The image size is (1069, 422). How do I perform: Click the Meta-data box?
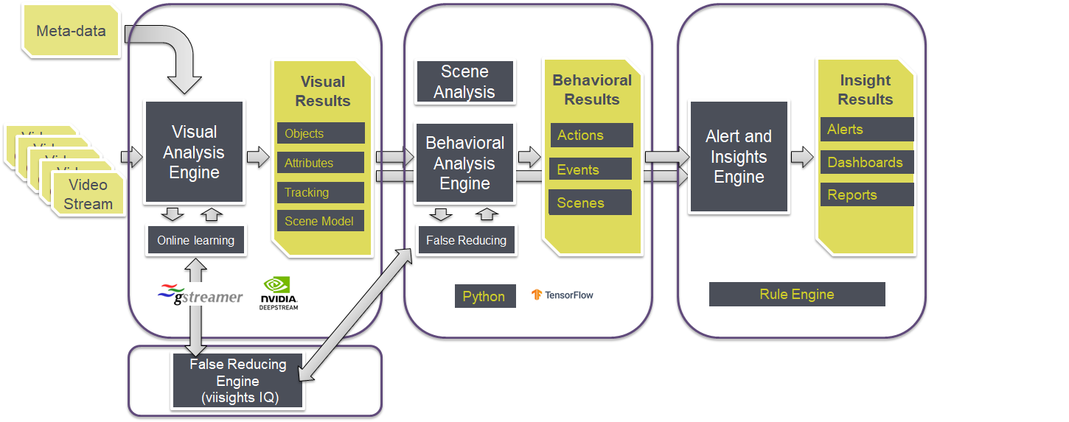click(71, 32)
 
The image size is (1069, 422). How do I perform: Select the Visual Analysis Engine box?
click(195, 152)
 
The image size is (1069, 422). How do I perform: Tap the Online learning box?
click(195, 240)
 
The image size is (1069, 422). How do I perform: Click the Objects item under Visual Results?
click(321, 133)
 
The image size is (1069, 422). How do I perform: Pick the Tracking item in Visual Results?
click(321, 192)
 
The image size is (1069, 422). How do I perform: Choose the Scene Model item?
click(321, 221)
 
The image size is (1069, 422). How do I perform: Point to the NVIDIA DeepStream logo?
click(279, 292)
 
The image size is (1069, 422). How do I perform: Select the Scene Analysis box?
click(464, 82)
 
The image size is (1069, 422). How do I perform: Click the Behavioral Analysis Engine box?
click(464, 163)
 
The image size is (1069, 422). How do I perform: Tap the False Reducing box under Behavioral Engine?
click(466, 240)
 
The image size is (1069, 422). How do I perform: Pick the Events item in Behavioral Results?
click(590, 169)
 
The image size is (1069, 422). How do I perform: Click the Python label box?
click(484, 296)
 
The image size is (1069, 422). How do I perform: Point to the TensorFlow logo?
click(563, 295)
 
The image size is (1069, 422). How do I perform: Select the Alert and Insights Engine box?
click(738, 157)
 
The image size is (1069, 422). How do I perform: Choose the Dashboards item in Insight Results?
click(866, 162)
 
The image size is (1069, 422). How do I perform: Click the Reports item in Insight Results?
click(866, 194)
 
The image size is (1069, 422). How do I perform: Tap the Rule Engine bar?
click(796, 295)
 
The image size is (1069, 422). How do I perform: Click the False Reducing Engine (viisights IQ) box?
click(237, 381)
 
